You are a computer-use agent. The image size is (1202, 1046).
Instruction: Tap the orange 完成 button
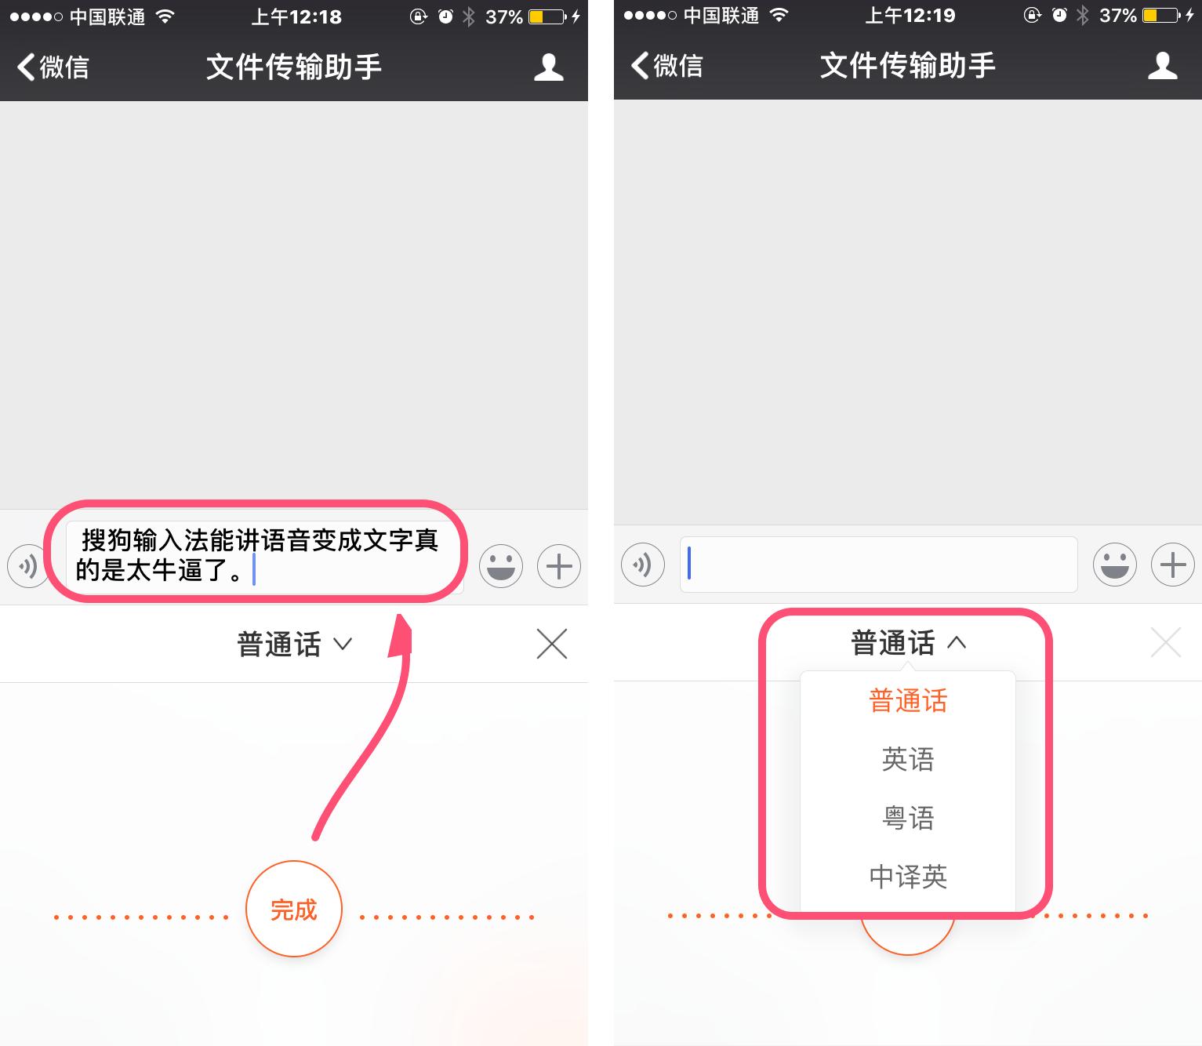point(294,909)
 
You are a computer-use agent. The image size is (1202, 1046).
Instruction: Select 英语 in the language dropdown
point(907,759)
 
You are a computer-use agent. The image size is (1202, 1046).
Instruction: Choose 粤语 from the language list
point(907,818)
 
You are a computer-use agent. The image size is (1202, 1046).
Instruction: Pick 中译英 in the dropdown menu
point(907,876)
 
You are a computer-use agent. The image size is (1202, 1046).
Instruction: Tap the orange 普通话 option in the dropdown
point(907,700)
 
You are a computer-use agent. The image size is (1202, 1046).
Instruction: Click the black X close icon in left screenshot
point(551,644)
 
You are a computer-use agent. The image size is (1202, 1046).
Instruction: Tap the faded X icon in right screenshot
point(1165,642)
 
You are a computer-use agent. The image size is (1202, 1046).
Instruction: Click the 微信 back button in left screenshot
point(53,67)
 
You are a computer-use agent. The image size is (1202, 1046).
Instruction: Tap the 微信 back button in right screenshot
point(667,66)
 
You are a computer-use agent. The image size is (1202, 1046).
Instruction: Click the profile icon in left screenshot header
point(549,67)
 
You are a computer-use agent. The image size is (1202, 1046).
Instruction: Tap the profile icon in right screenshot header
point(1163,66)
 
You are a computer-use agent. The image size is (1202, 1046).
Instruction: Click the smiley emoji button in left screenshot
point(501,565)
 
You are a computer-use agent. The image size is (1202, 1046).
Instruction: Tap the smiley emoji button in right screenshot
point(1114,564)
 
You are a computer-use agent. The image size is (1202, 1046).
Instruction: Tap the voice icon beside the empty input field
point(643,564)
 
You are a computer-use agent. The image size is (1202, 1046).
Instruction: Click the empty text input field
point(878,564)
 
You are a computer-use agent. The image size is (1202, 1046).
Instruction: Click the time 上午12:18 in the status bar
point(296,16)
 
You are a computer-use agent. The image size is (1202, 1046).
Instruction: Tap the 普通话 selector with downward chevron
point(294,645)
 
